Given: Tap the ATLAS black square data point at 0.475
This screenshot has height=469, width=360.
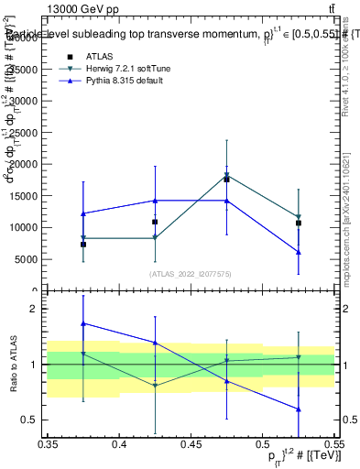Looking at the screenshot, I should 226,180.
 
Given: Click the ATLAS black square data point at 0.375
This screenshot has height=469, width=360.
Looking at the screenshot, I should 83,245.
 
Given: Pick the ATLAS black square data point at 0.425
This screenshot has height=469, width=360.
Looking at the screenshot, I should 155,222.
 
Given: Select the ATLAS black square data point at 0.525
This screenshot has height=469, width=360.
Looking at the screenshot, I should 298,223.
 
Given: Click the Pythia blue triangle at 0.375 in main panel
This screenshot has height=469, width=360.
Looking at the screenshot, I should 83,213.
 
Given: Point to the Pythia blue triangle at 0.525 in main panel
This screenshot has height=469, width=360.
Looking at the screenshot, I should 298,252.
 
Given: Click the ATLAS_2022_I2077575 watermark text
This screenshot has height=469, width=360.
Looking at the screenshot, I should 191,274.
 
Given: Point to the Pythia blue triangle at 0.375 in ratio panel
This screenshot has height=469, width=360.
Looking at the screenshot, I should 83,323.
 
